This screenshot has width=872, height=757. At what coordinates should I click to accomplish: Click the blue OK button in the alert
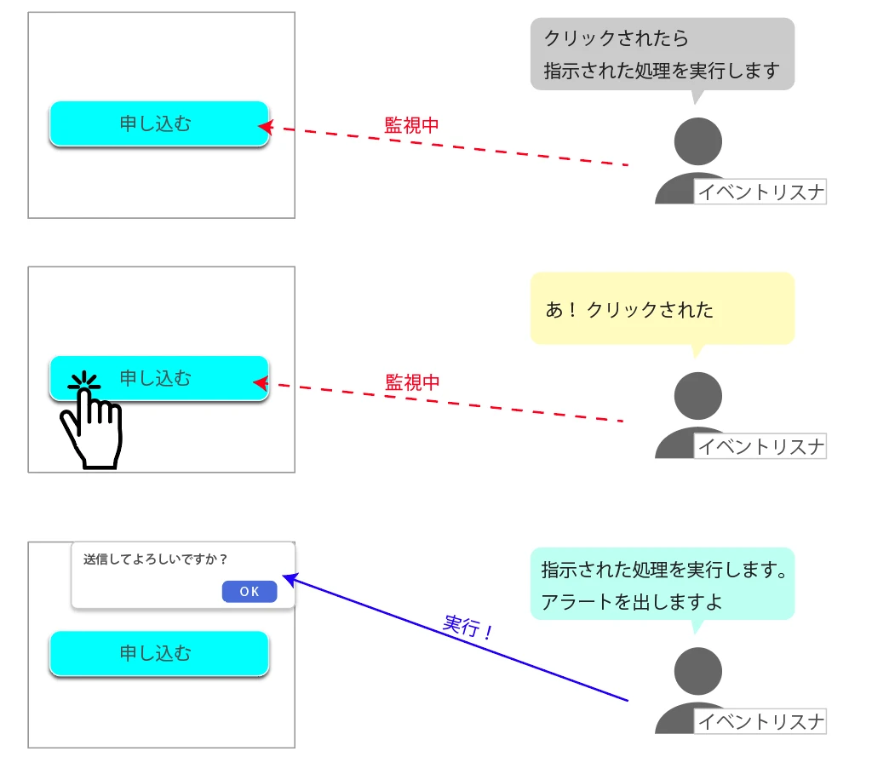250,592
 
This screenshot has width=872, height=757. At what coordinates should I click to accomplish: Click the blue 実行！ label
468,628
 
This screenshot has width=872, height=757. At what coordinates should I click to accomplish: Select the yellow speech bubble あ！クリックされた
662,309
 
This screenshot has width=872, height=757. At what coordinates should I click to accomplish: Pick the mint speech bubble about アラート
662,584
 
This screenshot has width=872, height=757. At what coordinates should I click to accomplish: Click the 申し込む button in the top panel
159,123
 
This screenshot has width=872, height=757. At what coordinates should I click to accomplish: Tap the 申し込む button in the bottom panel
159,653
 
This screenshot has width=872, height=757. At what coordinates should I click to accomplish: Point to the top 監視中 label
411,125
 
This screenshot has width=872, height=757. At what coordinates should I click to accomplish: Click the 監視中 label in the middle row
412,382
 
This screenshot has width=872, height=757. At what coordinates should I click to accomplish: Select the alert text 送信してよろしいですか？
156,559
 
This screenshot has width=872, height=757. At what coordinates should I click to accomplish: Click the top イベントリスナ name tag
760,192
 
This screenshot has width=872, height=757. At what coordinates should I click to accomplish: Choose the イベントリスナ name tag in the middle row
760,446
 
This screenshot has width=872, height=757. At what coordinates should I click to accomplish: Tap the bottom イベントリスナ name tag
760,722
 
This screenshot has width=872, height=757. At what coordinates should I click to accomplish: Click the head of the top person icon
697,141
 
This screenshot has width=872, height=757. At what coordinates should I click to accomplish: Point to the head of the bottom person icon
697,671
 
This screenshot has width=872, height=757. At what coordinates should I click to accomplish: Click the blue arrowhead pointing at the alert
288,579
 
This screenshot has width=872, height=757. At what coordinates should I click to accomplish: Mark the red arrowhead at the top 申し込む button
264,128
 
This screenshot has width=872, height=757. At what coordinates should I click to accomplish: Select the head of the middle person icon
697,396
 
